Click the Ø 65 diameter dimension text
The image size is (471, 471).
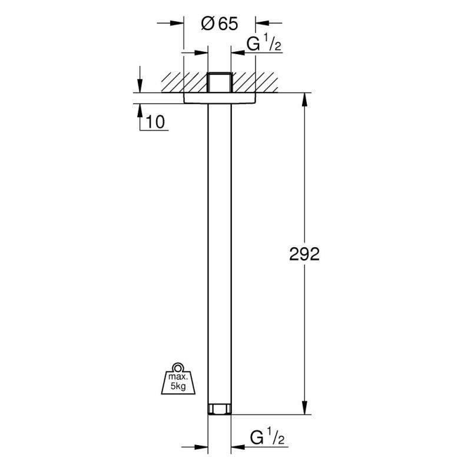click(219, 24)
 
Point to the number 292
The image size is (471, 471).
click(304, 254)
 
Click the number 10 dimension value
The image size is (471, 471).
click(155, 122)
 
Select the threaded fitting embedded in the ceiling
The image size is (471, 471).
click(220, 82)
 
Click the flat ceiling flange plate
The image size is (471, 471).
click(220, 98)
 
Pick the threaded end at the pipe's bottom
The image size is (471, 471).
click(220, 409)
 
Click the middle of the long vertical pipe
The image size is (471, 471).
click(220, 253)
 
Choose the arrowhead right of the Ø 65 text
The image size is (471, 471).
click(261, 24)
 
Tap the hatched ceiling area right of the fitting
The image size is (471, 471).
click(256, 82)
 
